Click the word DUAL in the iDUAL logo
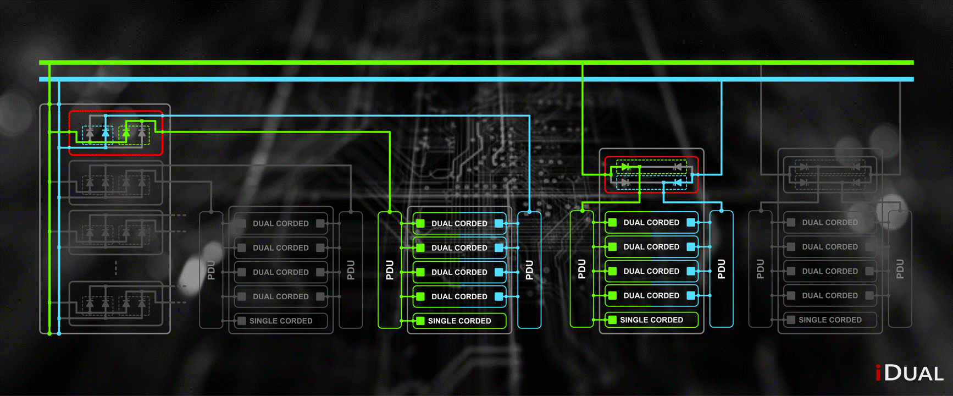point(915,373)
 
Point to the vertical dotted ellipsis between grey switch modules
point(115,268)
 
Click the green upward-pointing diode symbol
point(126,133)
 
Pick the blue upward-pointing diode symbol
point(105,133)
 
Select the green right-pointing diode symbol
point(625,167)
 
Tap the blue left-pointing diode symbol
point(678,182)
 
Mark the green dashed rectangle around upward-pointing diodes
point(134,135)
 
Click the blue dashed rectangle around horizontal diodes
point(651,183)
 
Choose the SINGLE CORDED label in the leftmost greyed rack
point(280,321)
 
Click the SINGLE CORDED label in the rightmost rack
point(830,320)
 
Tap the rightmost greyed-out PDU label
point(900,269)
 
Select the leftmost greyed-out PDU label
point(211,270)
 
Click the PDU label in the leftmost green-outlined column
point(390,270)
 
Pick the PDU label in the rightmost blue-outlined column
point(722,269)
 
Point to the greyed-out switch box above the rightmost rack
point(830,174)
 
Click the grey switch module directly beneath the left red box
point(115,182)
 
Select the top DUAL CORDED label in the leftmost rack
point(280,223)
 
